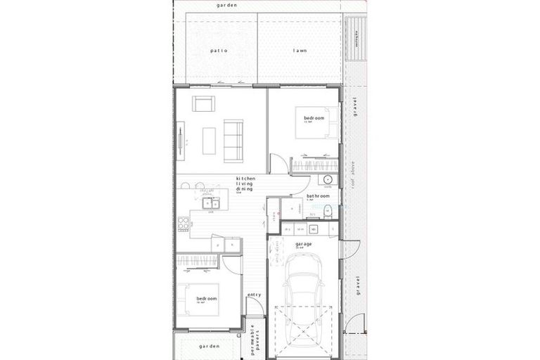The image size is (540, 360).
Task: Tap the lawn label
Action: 299,51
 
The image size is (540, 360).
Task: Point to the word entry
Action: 255,295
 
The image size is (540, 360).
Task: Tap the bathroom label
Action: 319,196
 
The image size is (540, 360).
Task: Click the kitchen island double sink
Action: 210,204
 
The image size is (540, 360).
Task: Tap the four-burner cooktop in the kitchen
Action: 184,224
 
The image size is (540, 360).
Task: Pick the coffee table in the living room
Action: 209,140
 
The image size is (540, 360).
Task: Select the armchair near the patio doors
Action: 204,104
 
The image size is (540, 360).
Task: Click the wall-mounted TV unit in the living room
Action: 181,141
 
